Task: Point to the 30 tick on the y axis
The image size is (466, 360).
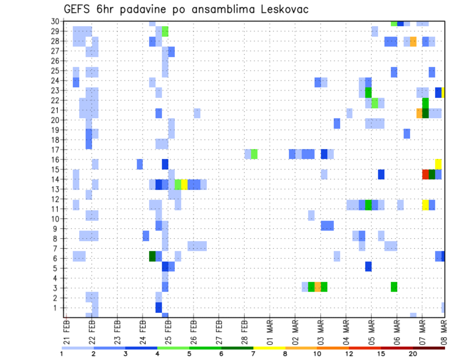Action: click(55, 21)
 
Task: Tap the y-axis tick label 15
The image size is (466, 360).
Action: click(55, 169)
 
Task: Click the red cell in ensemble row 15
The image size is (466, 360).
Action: click(426, 174)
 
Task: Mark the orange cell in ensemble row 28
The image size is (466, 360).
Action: click(413, 41)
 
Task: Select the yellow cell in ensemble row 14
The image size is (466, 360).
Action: click(184, 184)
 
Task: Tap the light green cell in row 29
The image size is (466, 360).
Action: click(165, 32)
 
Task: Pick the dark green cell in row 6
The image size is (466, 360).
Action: click(152, 256)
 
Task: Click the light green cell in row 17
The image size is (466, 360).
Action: click(254, 154)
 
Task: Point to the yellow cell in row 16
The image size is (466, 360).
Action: click(438, 164)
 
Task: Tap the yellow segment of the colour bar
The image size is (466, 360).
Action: click(269, 347)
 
